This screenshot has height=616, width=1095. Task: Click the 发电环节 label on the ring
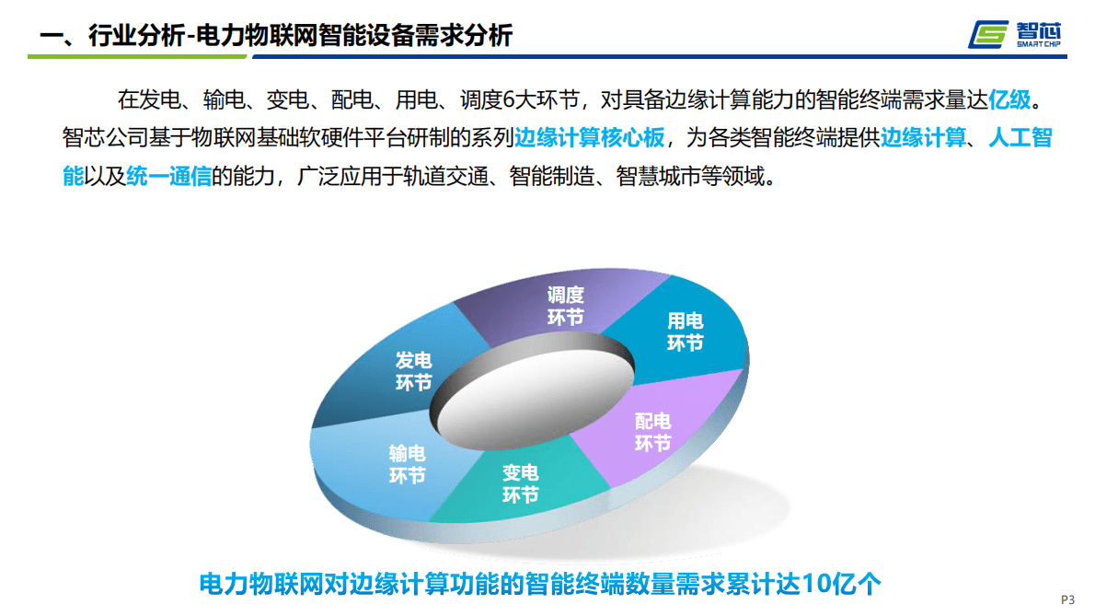pos(413,371)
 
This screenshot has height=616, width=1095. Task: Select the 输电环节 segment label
pos(408,464)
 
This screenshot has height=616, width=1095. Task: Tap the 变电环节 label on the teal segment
pos(520,483)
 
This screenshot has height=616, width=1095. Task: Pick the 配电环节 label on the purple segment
pos(652,432)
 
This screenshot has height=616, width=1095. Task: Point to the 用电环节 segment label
pos(685,331)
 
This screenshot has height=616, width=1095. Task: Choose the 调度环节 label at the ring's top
pos(565,306)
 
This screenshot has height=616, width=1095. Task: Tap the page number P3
pos(1067,599)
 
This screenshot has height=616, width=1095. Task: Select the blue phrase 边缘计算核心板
pos(589,138)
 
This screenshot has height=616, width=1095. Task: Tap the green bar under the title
pos(138,57)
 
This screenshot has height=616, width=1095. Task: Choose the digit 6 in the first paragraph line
pos(510,99)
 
